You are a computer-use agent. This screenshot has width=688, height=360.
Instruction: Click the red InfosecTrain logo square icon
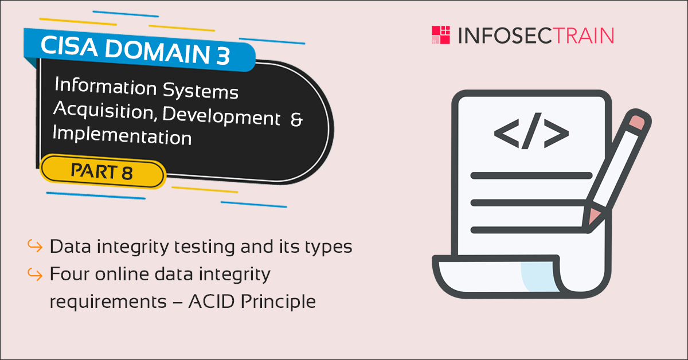tap(441, 35)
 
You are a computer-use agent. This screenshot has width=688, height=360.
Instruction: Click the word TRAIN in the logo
tap(584, 36)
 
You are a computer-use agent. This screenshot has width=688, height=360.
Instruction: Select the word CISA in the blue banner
tap(69, 46)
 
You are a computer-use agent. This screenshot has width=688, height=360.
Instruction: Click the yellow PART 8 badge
tap(103, 171)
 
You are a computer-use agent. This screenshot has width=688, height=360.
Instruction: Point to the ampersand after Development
tap(297, 119)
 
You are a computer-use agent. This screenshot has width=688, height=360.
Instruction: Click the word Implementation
tap(122, 135)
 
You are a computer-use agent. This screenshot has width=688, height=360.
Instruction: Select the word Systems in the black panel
tap(201, 91)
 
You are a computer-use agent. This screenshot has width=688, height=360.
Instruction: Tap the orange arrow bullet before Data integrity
tap(35, 246)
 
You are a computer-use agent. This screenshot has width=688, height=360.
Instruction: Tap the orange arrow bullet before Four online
tap(35, 274)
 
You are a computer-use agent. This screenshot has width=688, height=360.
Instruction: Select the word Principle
tap(278, 302)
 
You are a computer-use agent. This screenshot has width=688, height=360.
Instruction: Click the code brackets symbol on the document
tap(531, 131)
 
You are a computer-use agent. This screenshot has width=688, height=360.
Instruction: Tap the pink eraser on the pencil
tap(637, 122)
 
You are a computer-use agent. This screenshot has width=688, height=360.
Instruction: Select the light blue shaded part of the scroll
tap(540, 276)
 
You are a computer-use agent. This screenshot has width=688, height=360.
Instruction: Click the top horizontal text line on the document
tap(531, 175)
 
